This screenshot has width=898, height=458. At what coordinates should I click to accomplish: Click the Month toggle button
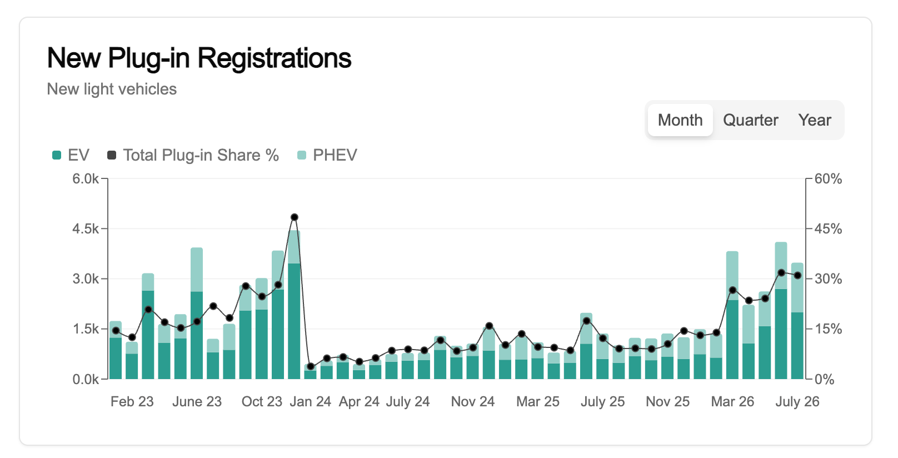(680, 120)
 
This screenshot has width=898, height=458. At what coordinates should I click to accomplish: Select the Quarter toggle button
(751, 120)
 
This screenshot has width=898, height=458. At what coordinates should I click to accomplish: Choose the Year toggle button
(815, 120)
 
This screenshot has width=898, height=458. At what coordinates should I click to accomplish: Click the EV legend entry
(71, 155)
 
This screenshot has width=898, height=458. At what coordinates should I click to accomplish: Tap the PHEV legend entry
(327, 155)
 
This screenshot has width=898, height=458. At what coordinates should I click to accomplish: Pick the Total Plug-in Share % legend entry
(193, 155)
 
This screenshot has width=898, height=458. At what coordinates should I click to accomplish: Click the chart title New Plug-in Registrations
(199, 58)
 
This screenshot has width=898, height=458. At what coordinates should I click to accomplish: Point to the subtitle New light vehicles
(112, 89)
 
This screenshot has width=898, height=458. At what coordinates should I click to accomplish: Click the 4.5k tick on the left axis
(86, 228)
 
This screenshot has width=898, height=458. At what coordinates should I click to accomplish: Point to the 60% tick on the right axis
(828, 178)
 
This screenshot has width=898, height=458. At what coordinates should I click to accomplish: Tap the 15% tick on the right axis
(828, 329)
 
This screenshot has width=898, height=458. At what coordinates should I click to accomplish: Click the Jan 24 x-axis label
(310, 401)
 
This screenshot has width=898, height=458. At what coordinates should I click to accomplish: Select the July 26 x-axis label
(797, 401)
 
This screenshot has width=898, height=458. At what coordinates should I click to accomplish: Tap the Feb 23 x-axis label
(132, 401)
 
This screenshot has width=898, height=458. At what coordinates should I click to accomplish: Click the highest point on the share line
(295, 217)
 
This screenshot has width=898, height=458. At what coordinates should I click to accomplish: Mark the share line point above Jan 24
(310, 366)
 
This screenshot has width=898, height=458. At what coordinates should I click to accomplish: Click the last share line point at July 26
(797, 275)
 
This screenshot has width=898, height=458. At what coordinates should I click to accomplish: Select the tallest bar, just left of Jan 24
(295, 305)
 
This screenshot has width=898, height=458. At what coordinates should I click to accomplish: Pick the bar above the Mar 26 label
(732, 315)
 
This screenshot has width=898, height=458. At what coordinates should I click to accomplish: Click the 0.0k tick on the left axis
(86, 379)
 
